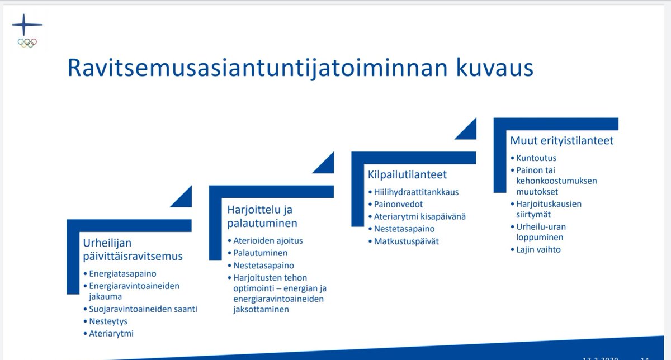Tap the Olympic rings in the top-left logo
pyautogui.click(x=26, y=42)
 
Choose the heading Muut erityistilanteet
pyautogui.click(x=561, y=140)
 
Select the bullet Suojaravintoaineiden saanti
pyautogui.click(x=143, y=309)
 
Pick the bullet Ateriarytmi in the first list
pyautogui.click(x=111, y=334)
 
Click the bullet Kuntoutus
pyautogui.click(x=536, y=158)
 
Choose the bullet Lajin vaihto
pyautogui.click(x=538, y=249)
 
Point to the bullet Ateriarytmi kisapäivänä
pyautogui.click(x=420, y=216)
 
